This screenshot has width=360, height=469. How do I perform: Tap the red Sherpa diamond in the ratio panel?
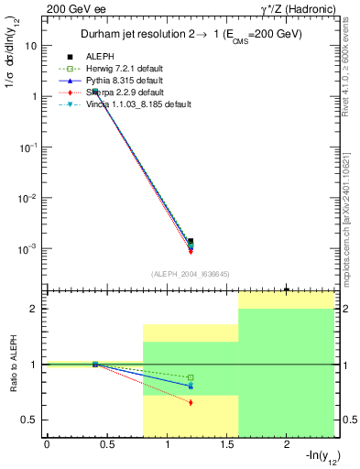(191, 402)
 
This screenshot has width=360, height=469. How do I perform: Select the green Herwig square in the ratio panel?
(191, 377)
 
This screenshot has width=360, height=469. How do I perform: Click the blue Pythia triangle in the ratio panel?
(191, 386)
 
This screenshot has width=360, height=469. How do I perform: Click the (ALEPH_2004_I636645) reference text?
(191, 274)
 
